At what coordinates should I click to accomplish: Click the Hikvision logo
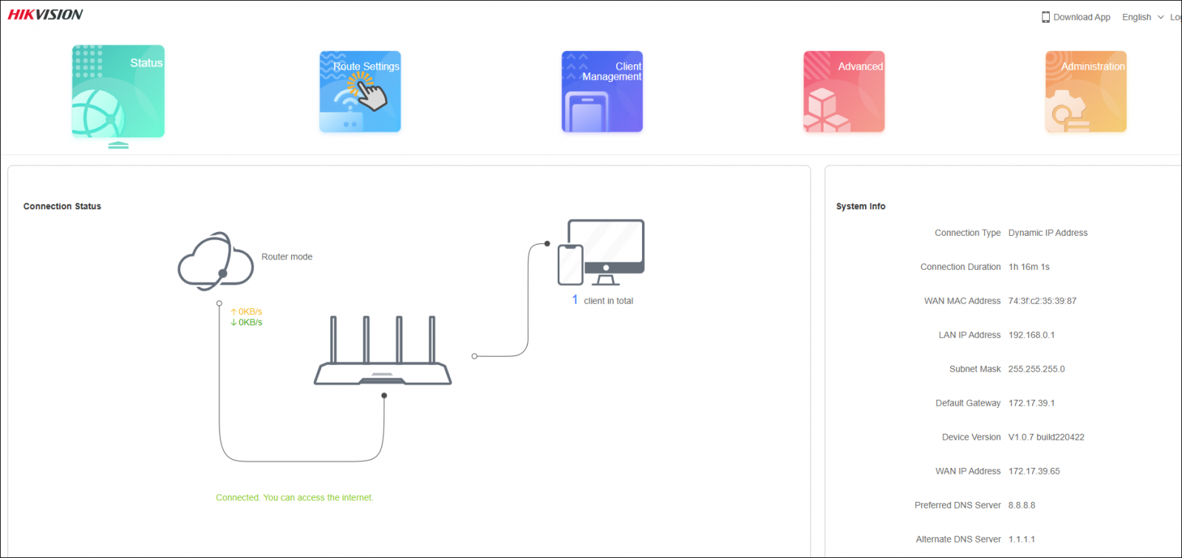pos(45,15)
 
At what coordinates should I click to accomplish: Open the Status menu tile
pos(118,92)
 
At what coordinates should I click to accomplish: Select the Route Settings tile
pos(360,92)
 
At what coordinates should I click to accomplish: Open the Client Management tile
pos(602,92)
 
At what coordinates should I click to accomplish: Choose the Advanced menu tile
pos(844,92)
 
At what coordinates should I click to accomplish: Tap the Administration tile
pos(1086,92)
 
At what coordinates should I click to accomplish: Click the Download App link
pos(1076,17)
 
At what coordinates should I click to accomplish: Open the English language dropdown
pos(1142,17)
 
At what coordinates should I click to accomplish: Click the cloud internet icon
pos(215,262)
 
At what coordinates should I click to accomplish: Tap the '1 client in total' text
pos(603,301)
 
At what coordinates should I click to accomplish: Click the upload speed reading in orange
pos(247,312)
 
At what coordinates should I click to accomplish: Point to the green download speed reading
pos(247,322)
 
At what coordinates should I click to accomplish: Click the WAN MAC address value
pos(1042,301)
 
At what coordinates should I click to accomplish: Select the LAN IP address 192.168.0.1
pos(1031,335)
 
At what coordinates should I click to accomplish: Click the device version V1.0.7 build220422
pos(1046,437)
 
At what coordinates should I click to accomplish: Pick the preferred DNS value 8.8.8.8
pos(1022,505)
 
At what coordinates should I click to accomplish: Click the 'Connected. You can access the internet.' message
pos(295,497)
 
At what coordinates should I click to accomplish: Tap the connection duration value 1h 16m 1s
pos(1028,267)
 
